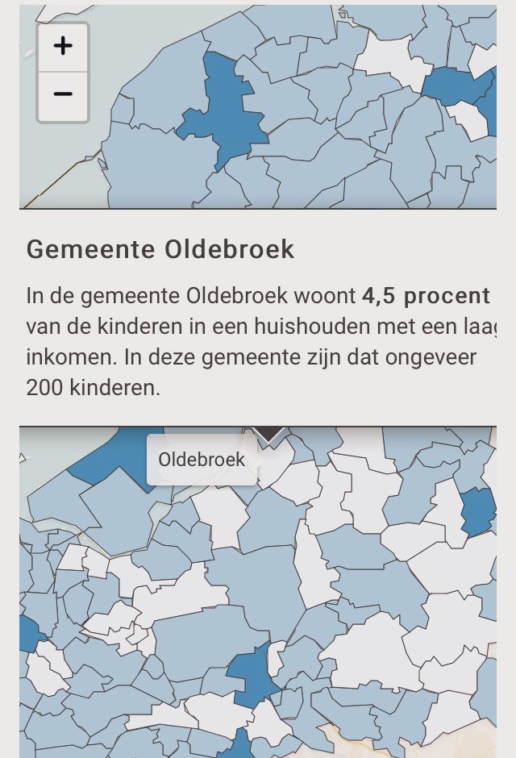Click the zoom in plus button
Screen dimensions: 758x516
(x=63, y=46)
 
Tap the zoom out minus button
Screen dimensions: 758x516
(x=63, y=94)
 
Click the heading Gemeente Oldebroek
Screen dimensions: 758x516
(x=160, y=249)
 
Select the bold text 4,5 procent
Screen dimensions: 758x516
(x=426, y=296)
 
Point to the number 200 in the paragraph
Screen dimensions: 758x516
(x=44, y=387)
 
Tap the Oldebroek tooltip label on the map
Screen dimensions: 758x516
(x=202, y=460)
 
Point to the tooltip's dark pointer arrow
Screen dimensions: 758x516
(x=270, y=435)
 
